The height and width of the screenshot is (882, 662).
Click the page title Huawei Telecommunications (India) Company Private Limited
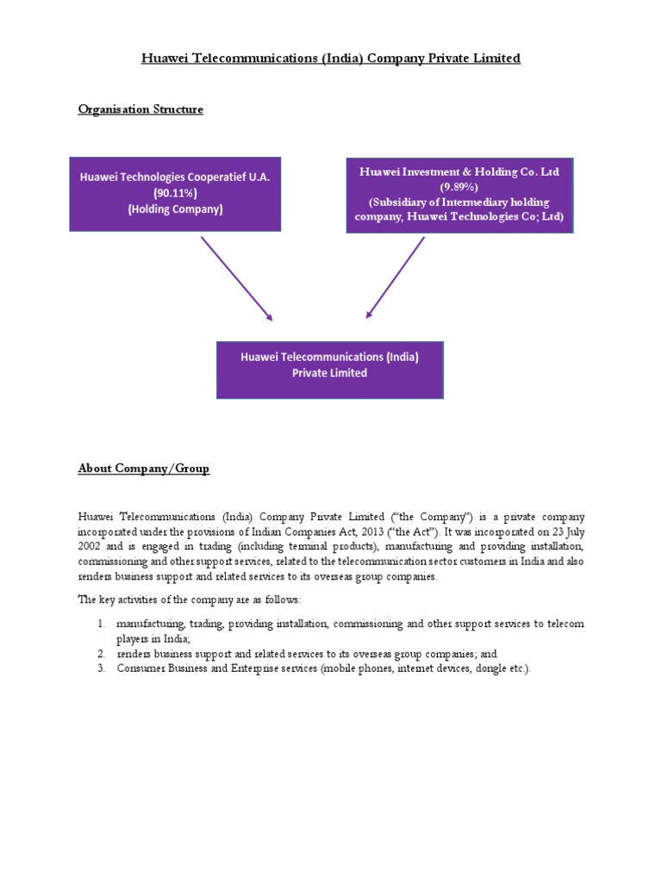(331, 59)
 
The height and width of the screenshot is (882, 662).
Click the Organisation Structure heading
(141, 109)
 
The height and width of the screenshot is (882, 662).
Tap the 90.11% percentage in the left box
(175, 193)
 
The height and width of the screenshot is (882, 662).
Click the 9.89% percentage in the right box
(459, 186)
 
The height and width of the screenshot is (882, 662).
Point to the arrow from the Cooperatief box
(236, 278)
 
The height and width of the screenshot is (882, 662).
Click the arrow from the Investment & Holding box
(396, 277)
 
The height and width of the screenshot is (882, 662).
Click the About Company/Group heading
(143, 469)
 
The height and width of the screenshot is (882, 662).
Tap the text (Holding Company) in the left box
(175, 208)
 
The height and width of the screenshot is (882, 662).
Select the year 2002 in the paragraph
(91, 547)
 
